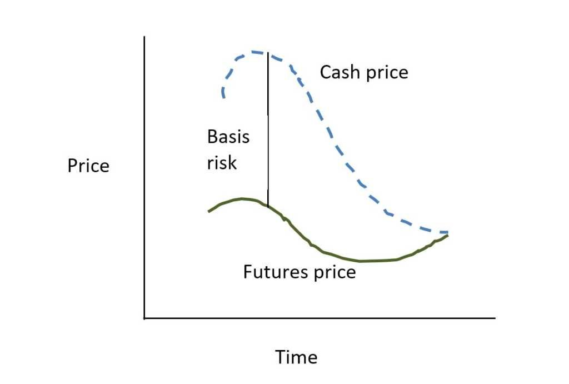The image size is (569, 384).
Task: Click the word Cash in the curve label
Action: click(340, 72)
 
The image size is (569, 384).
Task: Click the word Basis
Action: click(228, 137)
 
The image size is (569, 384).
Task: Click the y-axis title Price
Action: click(88, 166)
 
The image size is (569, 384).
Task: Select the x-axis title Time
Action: click(296, 357)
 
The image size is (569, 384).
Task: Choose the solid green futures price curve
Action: click(333, 256)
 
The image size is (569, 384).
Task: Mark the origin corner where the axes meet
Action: click(144, 318)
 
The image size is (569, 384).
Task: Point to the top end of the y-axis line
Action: click(144, 37)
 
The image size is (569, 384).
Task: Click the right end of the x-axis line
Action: click(494, 318)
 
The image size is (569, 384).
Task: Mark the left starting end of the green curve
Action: click(209, 211)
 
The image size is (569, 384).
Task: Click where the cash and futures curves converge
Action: click(446, 234)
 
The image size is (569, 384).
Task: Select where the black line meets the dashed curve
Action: click(268, 53)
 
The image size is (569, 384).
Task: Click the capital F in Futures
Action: click(248, 272)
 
